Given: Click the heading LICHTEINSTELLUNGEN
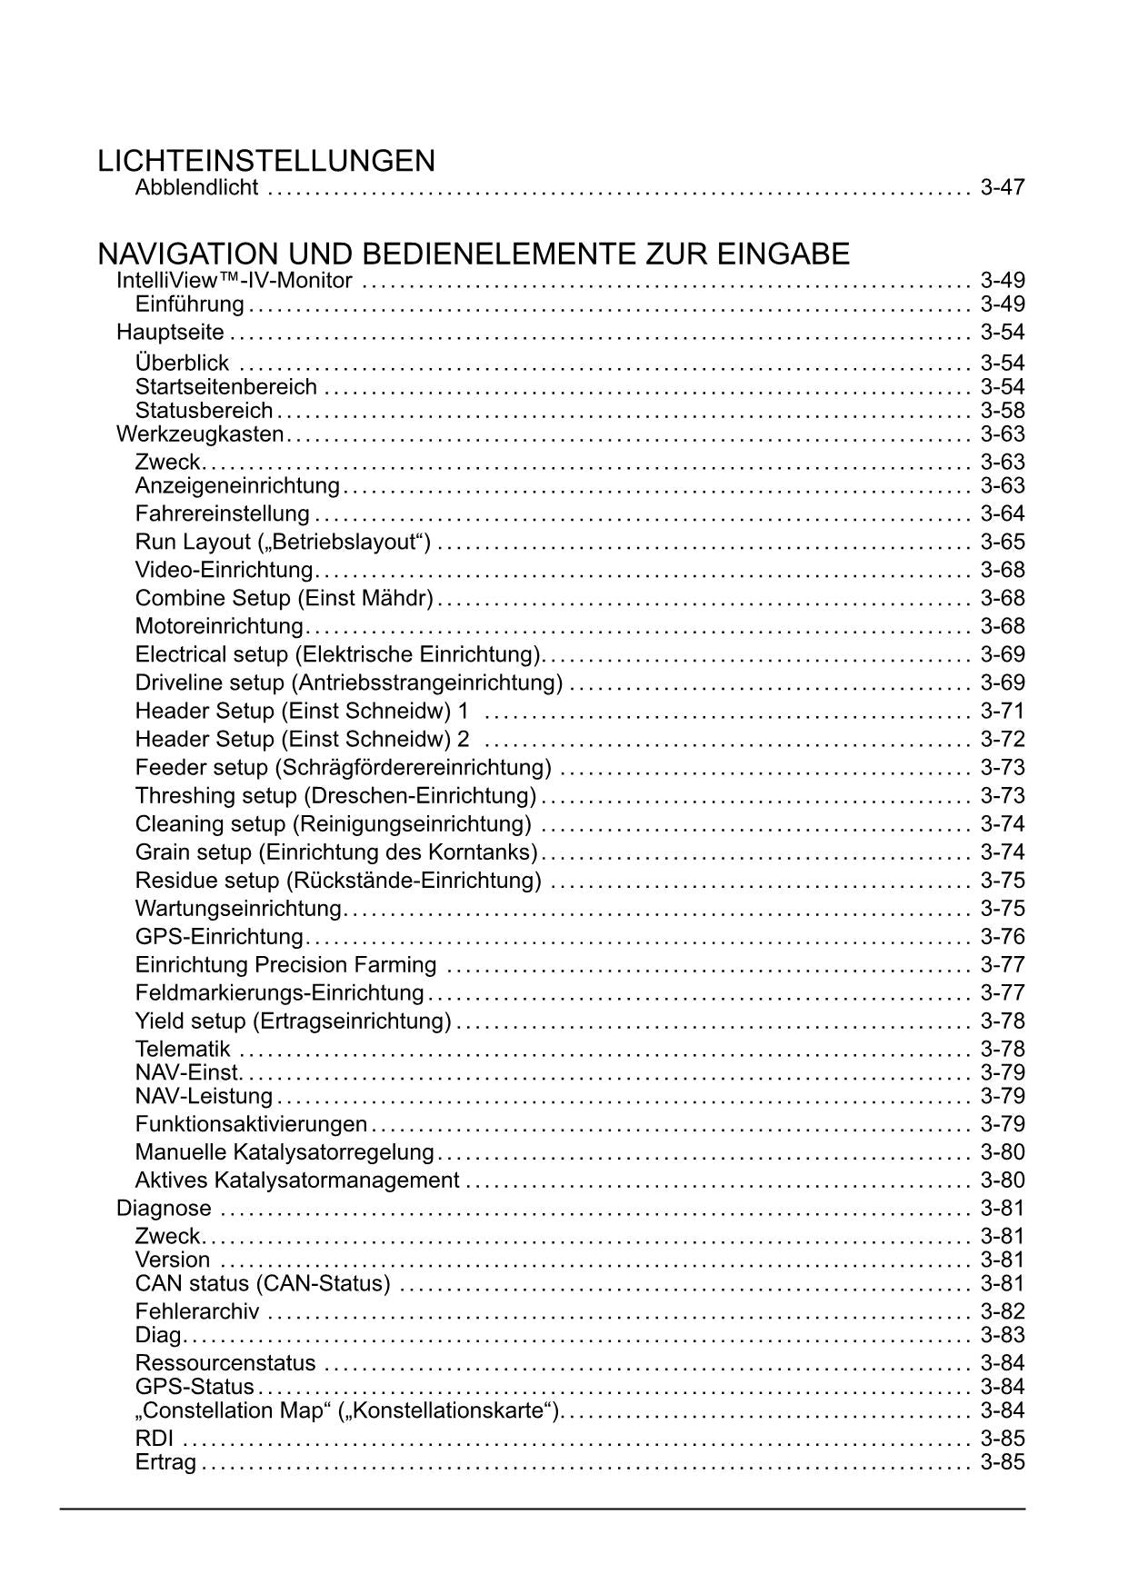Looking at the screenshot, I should pyautogui.click(x=266, y=161).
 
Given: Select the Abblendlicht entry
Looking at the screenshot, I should pyautogui.click(x=196, y=188).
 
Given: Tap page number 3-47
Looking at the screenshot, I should pyautogui.click(x=1003, y=188).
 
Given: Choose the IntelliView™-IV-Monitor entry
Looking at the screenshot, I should pyautogui.click(x=234, y=281).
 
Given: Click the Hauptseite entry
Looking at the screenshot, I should pyautogui.click(x=170, y=332).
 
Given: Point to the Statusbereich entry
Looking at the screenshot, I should pyautogui.click(x=204, y=411).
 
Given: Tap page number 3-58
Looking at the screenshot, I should pyautogui.click(x=1003, y=411).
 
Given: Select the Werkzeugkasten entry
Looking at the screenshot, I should pyautogui.click(x=200, y=434).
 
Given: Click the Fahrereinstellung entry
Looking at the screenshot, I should pyautogui.click(x=223, y=514).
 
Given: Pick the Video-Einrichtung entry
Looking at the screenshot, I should pyautogui.click(x=224, y=571).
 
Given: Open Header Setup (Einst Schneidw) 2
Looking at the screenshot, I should pyautogui.click(x=302, y=739).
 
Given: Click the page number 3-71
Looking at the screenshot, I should pyautogui.click(x=1003, y=711).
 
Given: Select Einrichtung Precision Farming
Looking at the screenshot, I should pyautogui.click(x=285, y=965).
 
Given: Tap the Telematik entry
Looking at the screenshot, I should pyautogui.click(x=183, y=1050).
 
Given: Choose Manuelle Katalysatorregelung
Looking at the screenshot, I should pyautogui.click(x=284, y=1152).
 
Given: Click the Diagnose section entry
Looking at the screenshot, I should pyautogui.click(x=164, y=1209).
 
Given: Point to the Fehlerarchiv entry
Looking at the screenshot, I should pyautogui.click(x=197, y=1311).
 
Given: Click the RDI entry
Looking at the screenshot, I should pyautogui.click(x=154, y=1439).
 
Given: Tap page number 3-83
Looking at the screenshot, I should pyautogui.click(x=1003, y=1335).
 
